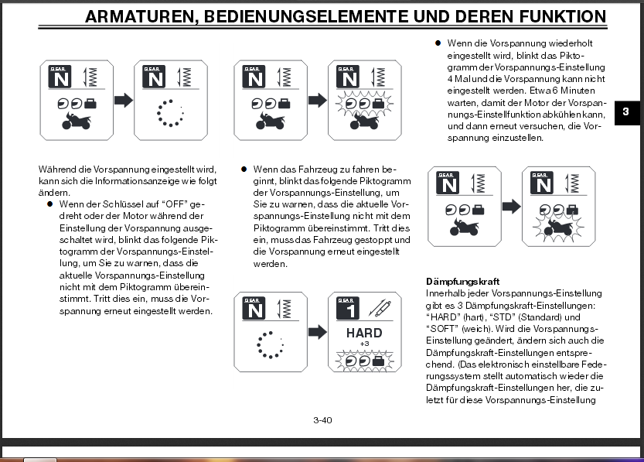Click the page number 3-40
pos(322,420)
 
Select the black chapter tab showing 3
pos(625,112)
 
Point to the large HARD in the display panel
pos(363,333)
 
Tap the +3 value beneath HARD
pos(364,344)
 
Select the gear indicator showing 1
pos(349,309)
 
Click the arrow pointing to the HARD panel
pos(316,332)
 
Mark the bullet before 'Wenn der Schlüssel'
pos(49,204)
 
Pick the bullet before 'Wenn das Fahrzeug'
pos(244,168)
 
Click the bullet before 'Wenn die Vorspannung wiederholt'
pos(438,44)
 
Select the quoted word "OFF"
pos(173,204)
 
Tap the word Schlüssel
pos(119,204)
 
